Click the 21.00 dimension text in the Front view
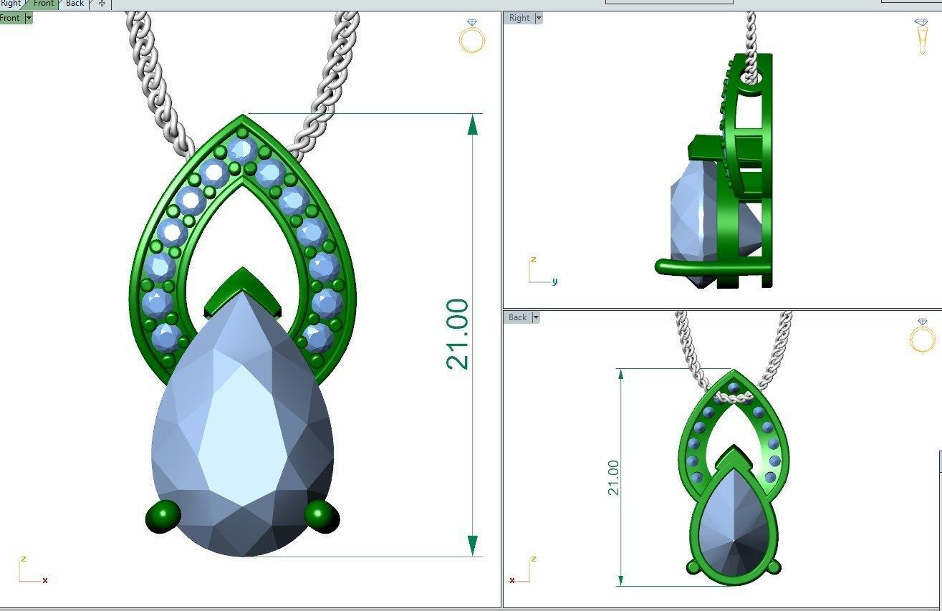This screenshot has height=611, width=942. (457, 335)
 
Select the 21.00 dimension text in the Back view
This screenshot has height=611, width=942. (613, 478)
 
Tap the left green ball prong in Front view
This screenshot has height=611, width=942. (163, 516)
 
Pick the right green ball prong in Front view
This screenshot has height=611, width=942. (322, 516)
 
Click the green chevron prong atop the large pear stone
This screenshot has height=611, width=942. (243, 288)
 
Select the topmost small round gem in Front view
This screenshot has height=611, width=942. (242, 150)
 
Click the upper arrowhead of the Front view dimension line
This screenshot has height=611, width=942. (472, 125)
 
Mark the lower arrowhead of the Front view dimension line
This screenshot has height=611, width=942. (472, 544)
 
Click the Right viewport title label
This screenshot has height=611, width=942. (519, 18)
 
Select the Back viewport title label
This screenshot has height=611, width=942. (517, 317)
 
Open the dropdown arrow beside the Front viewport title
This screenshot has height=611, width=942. (29, 18)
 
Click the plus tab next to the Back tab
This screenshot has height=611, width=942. (102, 4)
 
